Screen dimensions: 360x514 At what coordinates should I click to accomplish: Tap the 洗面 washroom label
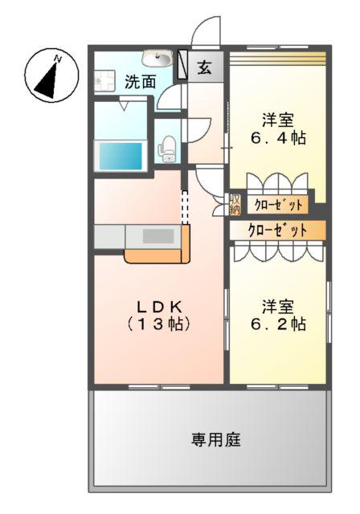pyautogui.click(x=141, y=82)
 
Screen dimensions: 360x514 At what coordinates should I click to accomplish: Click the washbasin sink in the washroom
pyautogui.click(x=157, y=59)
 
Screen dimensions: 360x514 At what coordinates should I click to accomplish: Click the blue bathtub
pyautogui.click(x=121, y=156)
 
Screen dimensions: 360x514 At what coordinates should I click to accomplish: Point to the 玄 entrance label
pyautogui.click(x=204, y=67)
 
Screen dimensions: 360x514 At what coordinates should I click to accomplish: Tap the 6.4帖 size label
pyautogui.click(x=278, y=138)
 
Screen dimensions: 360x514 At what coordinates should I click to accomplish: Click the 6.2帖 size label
pyautogui.click(x=278, y=324)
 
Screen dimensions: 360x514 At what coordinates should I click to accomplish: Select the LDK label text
pyautogui.click(x=159, y=307)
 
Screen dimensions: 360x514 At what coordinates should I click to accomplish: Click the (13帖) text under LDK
pyautogui.click(x=159, y=324)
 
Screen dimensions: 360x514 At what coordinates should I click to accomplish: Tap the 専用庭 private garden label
pyautogui.click(x=216, y=439)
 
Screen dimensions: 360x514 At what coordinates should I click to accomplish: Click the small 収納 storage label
pyautogui.click(x=235, y=205)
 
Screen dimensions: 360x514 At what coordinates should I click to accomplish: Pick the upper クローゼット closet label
pyautogui.click(x=279, y=206)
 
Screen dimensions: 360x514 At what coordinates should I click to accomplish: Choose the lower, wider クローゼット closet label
pyautogui.click(x=278, y=230)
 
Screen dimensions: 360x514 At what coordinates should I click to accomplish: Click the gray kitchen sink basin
pyautogui.click(x=158, y=236)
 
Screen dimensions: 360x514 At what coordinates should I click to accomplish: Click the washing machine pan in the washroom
pyautogui.click(x=104, y=80)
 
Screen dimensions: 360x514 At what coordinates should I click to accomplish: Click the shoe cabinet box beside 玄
pyautogui.click(x=183, y=64)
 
